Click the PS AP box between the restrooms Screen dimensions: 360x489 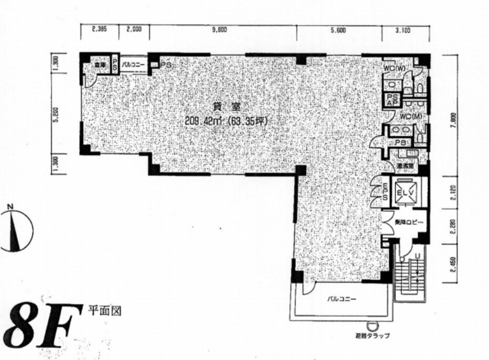coord(392,100)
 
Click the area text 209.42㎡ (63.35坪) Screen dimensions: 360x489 coord(227,120)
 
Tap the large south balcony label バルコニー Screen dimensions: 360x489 coord(342,299)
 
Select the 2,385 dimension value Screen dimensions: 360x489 coord(99,29)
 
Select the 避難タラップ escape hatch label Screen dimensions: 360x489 coord(372,336)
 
